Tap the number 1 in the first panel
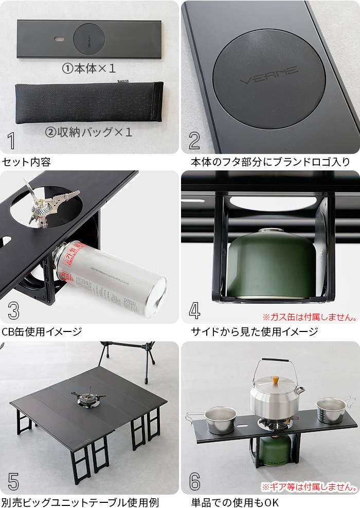click(x=12, y=141)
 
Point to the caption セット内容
click(x=26, y=162)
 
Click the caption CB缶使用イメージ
click(x=42, y=331)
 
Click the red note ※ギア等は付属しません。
click(x=311, y=486)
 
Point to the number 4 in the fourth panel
click(x=194, y=311)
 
